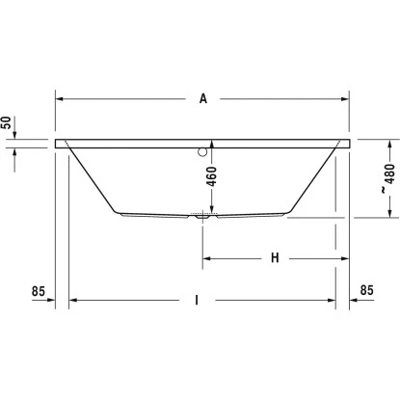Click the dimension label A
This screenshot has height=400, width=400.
coord(203,97)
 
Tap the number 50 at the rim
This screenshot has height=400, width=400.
coord(8,123)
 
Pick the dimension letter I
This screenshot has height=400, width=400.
coord(197,300)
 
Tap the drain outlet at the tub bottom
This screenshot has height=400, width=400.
coord(200,218)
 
